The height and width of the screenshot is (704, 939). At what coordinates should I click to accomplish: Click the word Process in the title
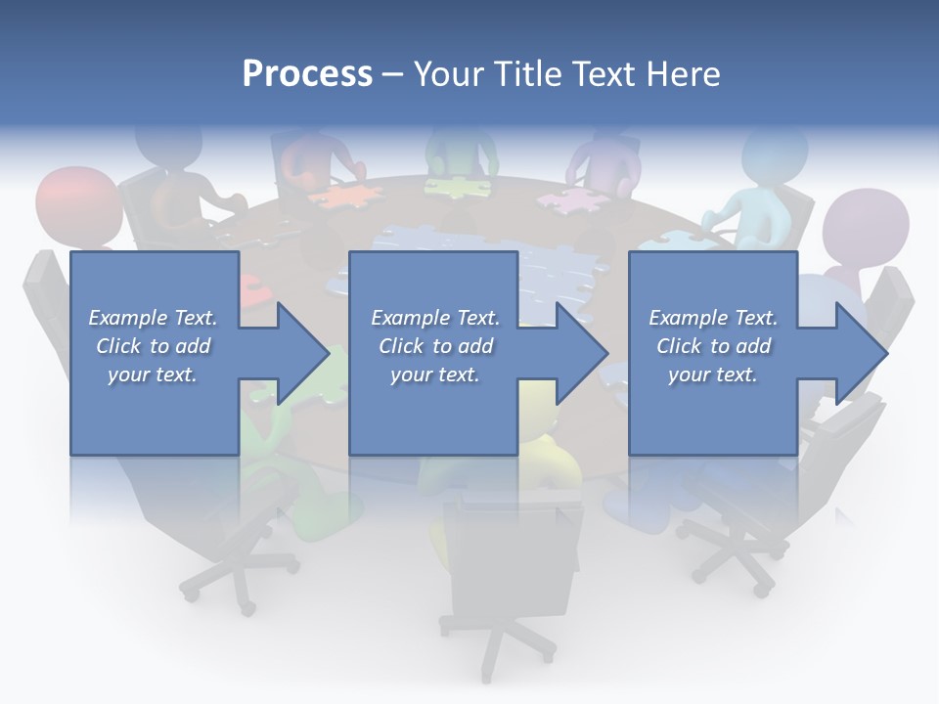(307, 73)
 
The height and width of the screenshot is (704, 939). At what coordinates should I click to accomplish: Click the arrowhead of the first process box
(303, 353)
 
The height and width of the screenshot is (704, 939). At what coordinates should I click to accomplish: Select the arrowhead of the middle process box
(582, 353)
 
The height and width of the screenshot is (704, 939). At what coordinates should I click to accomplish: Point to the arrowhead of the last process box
(862, 353)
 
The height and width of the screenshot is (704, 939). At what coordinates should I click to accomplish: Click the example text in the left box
(153, 346)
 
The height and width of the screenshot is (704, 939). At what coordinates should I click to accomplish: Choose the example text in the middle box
(434, 346)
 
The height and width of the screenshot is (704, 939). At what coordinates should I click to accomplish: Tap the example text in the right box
(713, 346)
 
